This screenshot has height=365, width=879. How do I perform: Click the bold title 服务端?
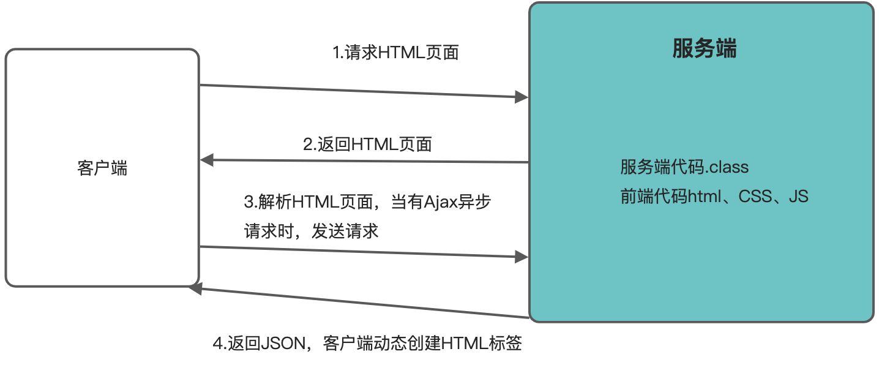click(x=704, y=48)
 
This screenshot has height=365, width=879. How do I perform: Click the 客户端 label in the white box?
click(x=102, y=168)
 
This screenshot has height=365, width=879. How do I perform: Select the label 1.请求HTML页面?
click(x=395, y=53)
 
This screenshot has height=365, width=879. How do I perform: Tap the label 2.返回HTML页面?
click(x=368, y=144)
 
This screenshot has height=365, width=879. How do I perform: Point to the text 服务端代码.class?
click(x=684, y=167)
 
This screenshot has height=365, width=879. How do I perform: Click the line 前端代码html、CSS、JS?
click(x=714, y=197)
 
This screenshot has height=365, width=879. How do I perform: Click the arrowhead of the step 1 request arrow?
click(x=522, y=97)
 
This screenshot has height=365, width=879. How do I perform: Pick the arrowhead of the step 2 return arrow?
click(x=206, y=160)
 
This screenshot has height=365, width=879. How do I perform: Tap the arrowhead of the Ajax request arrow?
click(x=522, y=257)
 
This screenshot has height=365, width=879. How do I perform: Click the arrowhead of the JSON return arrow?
click(x=195, y=288)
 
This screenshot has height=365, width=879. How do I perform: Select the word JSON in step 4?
click(x=282, y=344)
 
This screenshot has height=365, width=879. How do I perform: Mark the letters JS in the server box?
click(x=798, y=197)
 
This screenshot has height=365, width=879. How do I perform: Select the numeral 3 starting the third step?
click(x=249, y=201)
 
